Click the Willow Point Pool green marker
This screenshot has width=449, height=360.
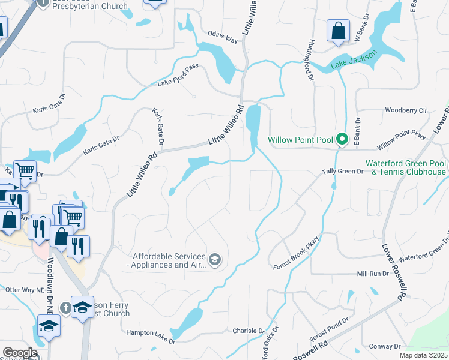point(342,140)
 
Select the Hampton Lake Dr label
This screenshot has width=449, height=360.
point(150,337)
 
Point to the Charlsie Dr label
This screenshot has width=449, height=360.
point(248,331)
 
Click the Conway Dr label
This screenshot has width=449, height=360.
point(385,346)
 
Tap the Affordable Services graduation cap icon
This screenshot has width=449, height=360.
point(215,260)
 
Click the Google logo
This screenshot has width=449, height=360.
point(20,353)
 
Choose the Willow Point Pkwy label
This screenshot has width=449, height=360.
point(402,142)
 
